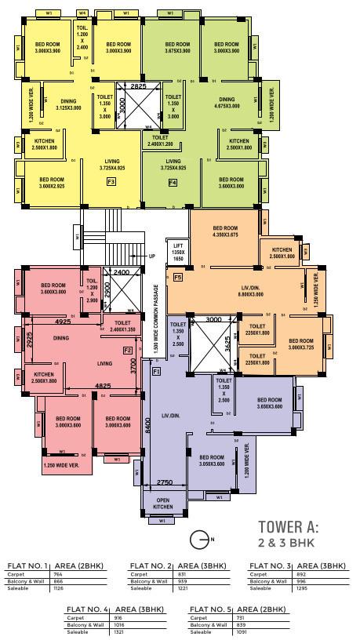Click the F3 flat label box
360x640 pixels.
[111, 182]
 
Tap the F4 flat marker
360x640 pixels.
[173, 182]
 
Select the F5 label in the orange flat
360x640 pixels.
[178, 278]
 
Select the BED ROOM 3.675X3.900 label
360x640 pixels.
[170, 46]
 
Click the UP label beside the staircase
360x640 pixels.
[151, 256]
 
